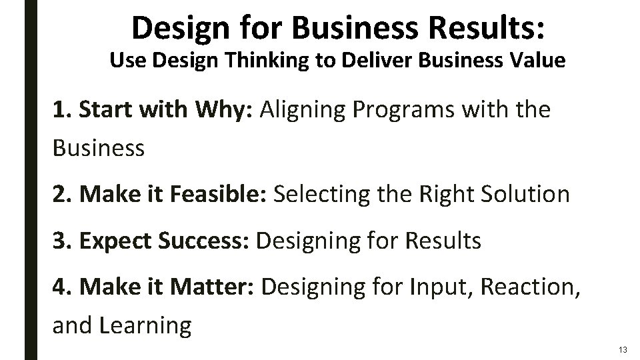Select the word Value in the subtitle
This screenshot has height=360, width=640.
coord(538,61)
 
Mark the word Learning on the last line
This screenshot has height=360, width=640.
coord(146,326)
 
